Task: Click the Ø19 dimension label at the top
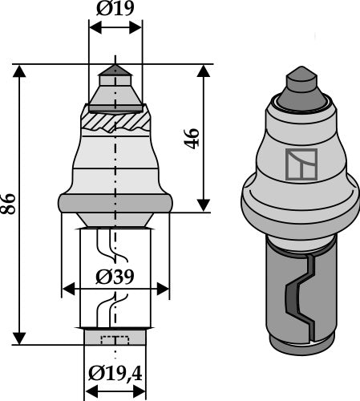tap(115, 10)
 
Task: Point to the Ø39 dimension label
tap(115, 277)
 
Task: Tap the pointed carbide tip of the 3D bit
tap(298, 83)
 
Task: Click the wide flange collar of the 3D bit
tap(298, 213)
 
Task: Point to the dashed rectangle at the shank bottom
tap(115, 338)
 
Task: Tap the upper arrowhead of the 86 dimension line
tap(20, 71)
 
